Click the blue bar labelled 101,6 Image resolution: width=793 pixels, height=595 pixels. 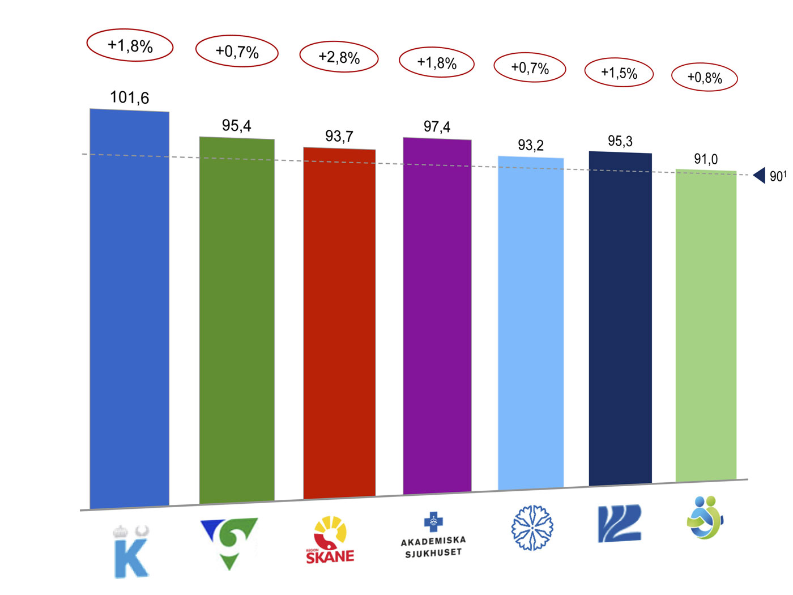[x=130, y=309]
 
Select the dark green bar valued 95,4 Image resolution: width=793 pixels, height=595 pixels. [x=237, y=320]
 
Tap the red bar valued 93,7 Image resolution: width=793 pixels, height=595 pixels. [x=339, y=323]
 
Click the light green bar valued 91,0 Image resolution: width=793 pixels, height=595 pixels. [x=706, y=325]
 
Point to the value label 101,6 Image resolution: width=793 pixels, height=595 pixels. [x=130, y=98]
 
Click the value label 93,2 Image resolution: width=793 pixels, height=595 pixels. [x=531, y=146]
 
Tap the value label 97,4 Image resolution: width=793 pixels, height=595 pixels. [x=437, y=127]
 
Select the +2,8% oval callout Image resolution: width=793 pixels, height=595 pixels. [x=339, y=57]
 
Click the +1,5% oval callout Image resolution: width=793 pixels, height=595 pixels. [x=619, y=73]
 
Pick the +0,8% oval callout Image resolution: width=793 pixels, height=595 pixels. [x=705, y=78]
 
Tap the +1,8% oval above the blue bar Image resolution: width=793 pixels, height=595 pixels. [x=130, y=45]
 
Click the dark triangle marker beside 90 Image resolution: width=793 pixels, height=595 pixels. [x=760, y=176]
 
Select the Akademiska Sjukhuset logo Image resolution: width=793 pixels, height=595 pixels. [x=433, y=535]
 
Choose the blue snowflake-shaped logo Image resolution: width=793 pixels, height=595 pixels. [x=532, y=528]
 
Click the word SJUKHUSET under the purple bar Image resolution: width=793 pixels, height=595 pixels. [x=433, y=553]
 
